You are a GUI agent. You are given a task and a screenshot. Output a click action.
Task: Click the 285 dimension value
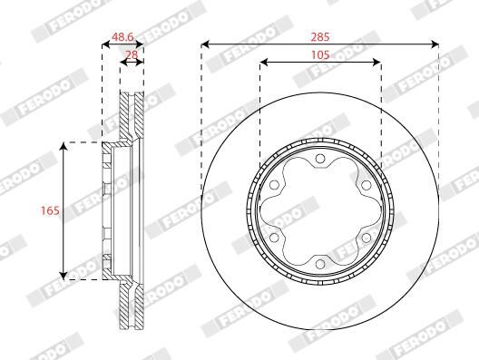(x=320, y=37)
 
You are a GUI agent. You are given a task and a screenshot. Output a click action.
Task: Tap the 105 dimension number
(x=320, y=55)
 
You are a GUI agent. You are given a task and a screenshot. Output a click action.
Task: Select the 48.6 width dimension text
(x=122, y=37)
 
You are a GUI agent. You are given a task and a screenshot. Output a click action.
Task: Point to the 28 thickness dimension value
(x=132, y=54)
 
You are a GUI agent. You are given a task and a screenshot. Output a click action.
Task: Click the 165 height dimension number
(x=50, y=210)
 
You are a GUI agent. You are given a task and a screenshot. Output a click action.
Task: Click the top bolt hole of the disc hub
(x=320, y=159)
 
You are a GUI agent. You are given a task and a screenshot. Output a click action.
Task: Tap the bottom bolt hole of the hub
(x=320, y=264)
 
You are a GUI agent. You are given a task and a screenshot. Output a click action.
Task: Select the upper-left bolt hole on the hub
(x=274, y=185)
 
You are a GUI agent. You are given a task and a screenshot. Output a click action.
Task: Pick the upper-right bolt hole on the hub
(x=366, y=185)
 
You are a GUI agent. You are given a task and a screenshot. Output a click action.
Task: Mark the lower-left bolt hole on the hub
(x=274, y=238)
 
